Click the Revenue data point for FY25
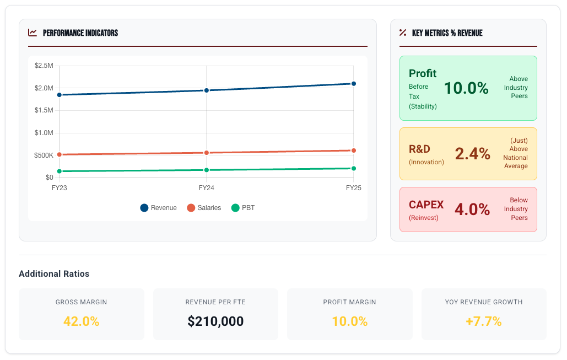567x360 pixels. [353, 84]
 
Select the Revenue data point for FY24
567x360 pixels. [207, 90]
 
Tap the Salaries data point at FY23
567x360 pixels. [60, 155]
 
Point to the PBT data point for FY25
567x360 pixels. [353, 169]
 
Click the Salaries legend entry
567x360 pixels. [204, 208]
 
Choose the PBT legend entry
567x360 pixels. [243, 208]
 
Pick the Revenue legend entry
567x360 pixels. [159, 208]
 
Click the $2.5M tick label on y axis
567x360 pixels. [44, 66]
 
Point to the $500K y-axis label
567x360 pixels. [44, 155]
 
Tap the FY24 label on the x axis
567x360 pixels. [206, 188]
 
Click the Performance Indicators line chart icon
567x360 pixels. [33, 33]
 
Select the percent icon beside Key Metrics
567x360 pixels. [403, 33]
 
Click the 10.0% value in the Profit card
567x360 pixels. [466, 88]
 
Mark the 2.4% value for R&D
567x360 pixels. [472, 154]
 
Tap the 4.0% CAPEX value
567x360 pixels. [472, 209]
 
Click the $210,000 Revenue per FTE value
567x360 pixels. [215, 321]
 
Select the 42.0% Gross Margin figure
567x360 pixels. [81, 321]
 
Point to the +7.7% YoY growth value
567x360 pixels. [483, 321]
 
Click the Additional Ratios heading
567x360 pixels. [54, 273]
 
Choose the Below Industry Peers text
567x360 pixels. [516, 209]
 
